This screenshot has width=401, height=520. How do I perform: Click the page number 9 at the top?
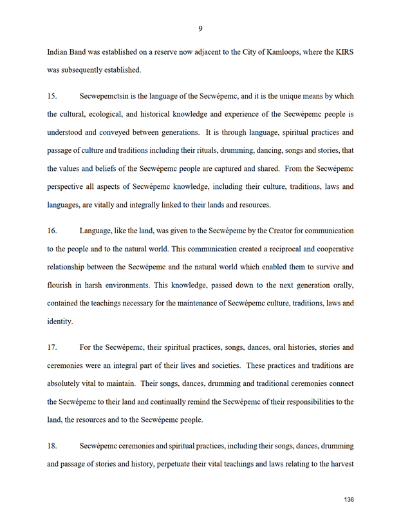click(x=201, y=28)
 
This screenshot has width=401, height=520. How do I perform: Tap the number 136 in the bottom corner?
click(x=350, y=499)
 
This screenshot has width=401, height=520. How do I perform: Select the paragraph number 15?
click(x=52, y=97)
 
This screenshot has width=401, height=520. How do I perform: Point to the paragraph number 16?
click(x=52, y=231)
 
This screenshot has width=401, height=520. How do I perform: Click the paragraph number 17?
click(x=52, y=348)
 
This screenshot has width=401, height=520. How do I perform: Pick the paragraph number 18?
click(x=52, y=446)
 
